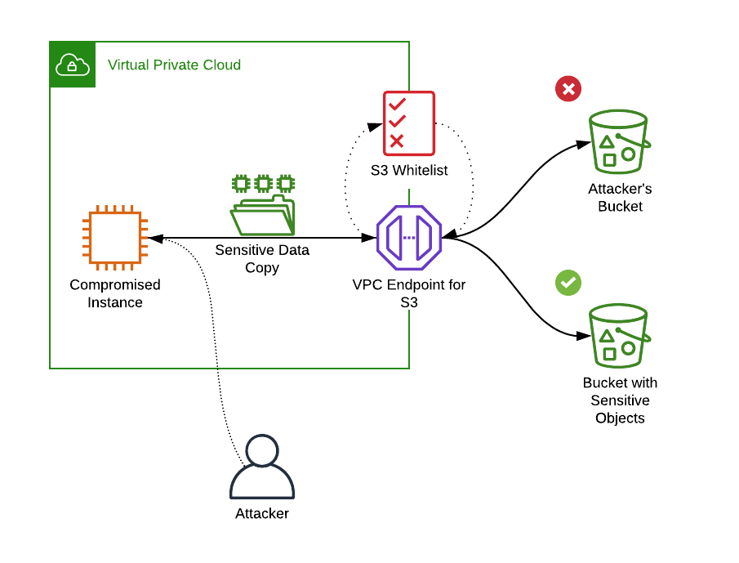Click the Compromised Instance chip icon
pyautogui.click(x=115, y=238)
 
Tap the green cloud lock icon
pyautogui.click(x=72, y=64)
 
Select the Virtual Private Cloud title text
pyautogui.click(x=174, y=65)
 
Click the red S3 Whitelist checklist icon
pyautogui.click(x=409, y=123)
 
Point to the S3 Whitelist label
pyautogui.click(x=409, y=171)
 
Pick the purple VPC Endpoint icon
pyautogui.click(x=409, y=238)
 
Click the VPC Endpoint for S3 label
pyautogui.click(x=409, y=293)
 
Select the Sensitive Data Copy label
pyautogui.click(x=262, y=258)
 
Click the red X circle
pyautogui.click(x=568, y=89)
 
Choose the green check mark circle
pyautogui.click(x=568, y=283)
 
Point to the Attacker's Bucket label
pyautogui.click(x=620, y=198)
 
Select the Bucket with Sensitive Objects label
pyautogui.click(x=620, y=400)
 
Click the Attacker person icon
pyautogui.click(x=262, y=467)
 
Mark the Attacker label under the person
pyautogui.click(x=262, y=514)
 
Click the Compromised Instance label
pyautogui.click(x=115, y=293)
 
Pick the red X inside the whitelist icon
pyautogui.click(x=397, y=141)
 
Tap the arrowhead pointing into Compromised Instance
pyautogui.click(x=154, y=239)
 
